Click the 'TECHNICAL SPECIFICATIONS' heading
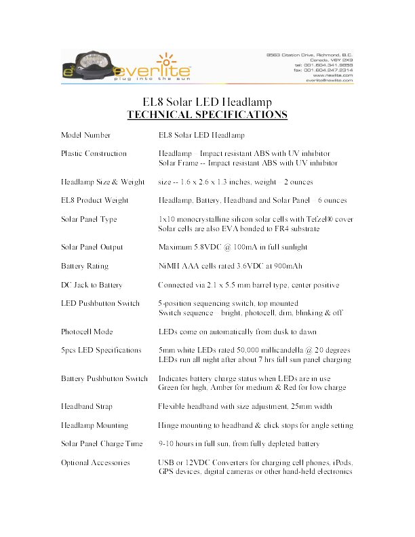pyautogui.click(x=207, y=114)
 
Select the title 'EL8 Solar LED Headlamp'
pyautogui.click(x=207, y=102)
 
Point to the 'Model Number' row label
pyautogui.click(x=85, y=136)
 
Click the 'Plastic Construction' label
pyautogui.click(x=94, y=153)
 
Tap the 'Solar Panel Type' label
pyautogui.click(x=89, y=219)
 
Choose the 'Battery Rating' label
pyautogui.click(x=85, y=266)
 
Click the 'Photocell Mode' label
pyautogui.click(x=87, y=332)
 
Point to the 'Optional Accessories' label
pyautogui.click(x=95, y=462)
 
